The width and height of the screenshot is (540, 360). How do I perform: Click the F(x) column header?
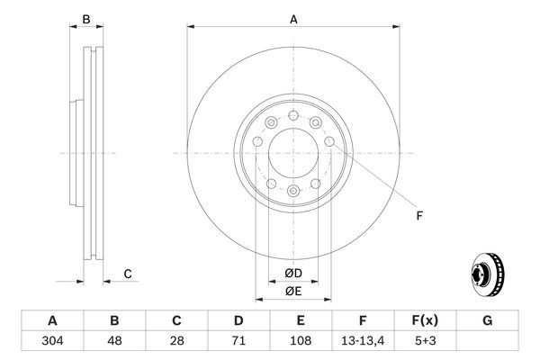pos(424,321)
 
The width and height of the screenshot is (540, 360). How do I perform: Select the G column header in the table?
pos(486,321)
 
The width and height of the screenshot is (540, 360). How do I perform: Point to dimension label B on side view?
pos(86,19)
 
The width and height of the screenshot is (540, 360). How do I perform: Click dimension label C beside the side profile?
pos(128,274)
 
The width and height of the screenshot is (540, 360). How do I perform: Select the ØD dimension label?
pos(293,274)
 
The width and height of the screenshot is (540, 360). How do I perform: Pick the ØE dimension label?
pos(293,291)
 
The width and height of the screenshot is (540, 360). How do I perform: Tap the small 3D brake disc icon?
pos(489,274)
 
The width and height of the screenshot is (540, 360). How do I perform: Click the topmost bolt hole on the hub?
pos(293,116)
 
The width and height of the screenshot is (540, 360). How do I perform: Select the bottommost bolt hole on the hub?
pos(293,191)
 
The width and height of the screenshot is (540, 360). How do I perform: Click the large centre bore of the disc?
pos(293,153)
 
